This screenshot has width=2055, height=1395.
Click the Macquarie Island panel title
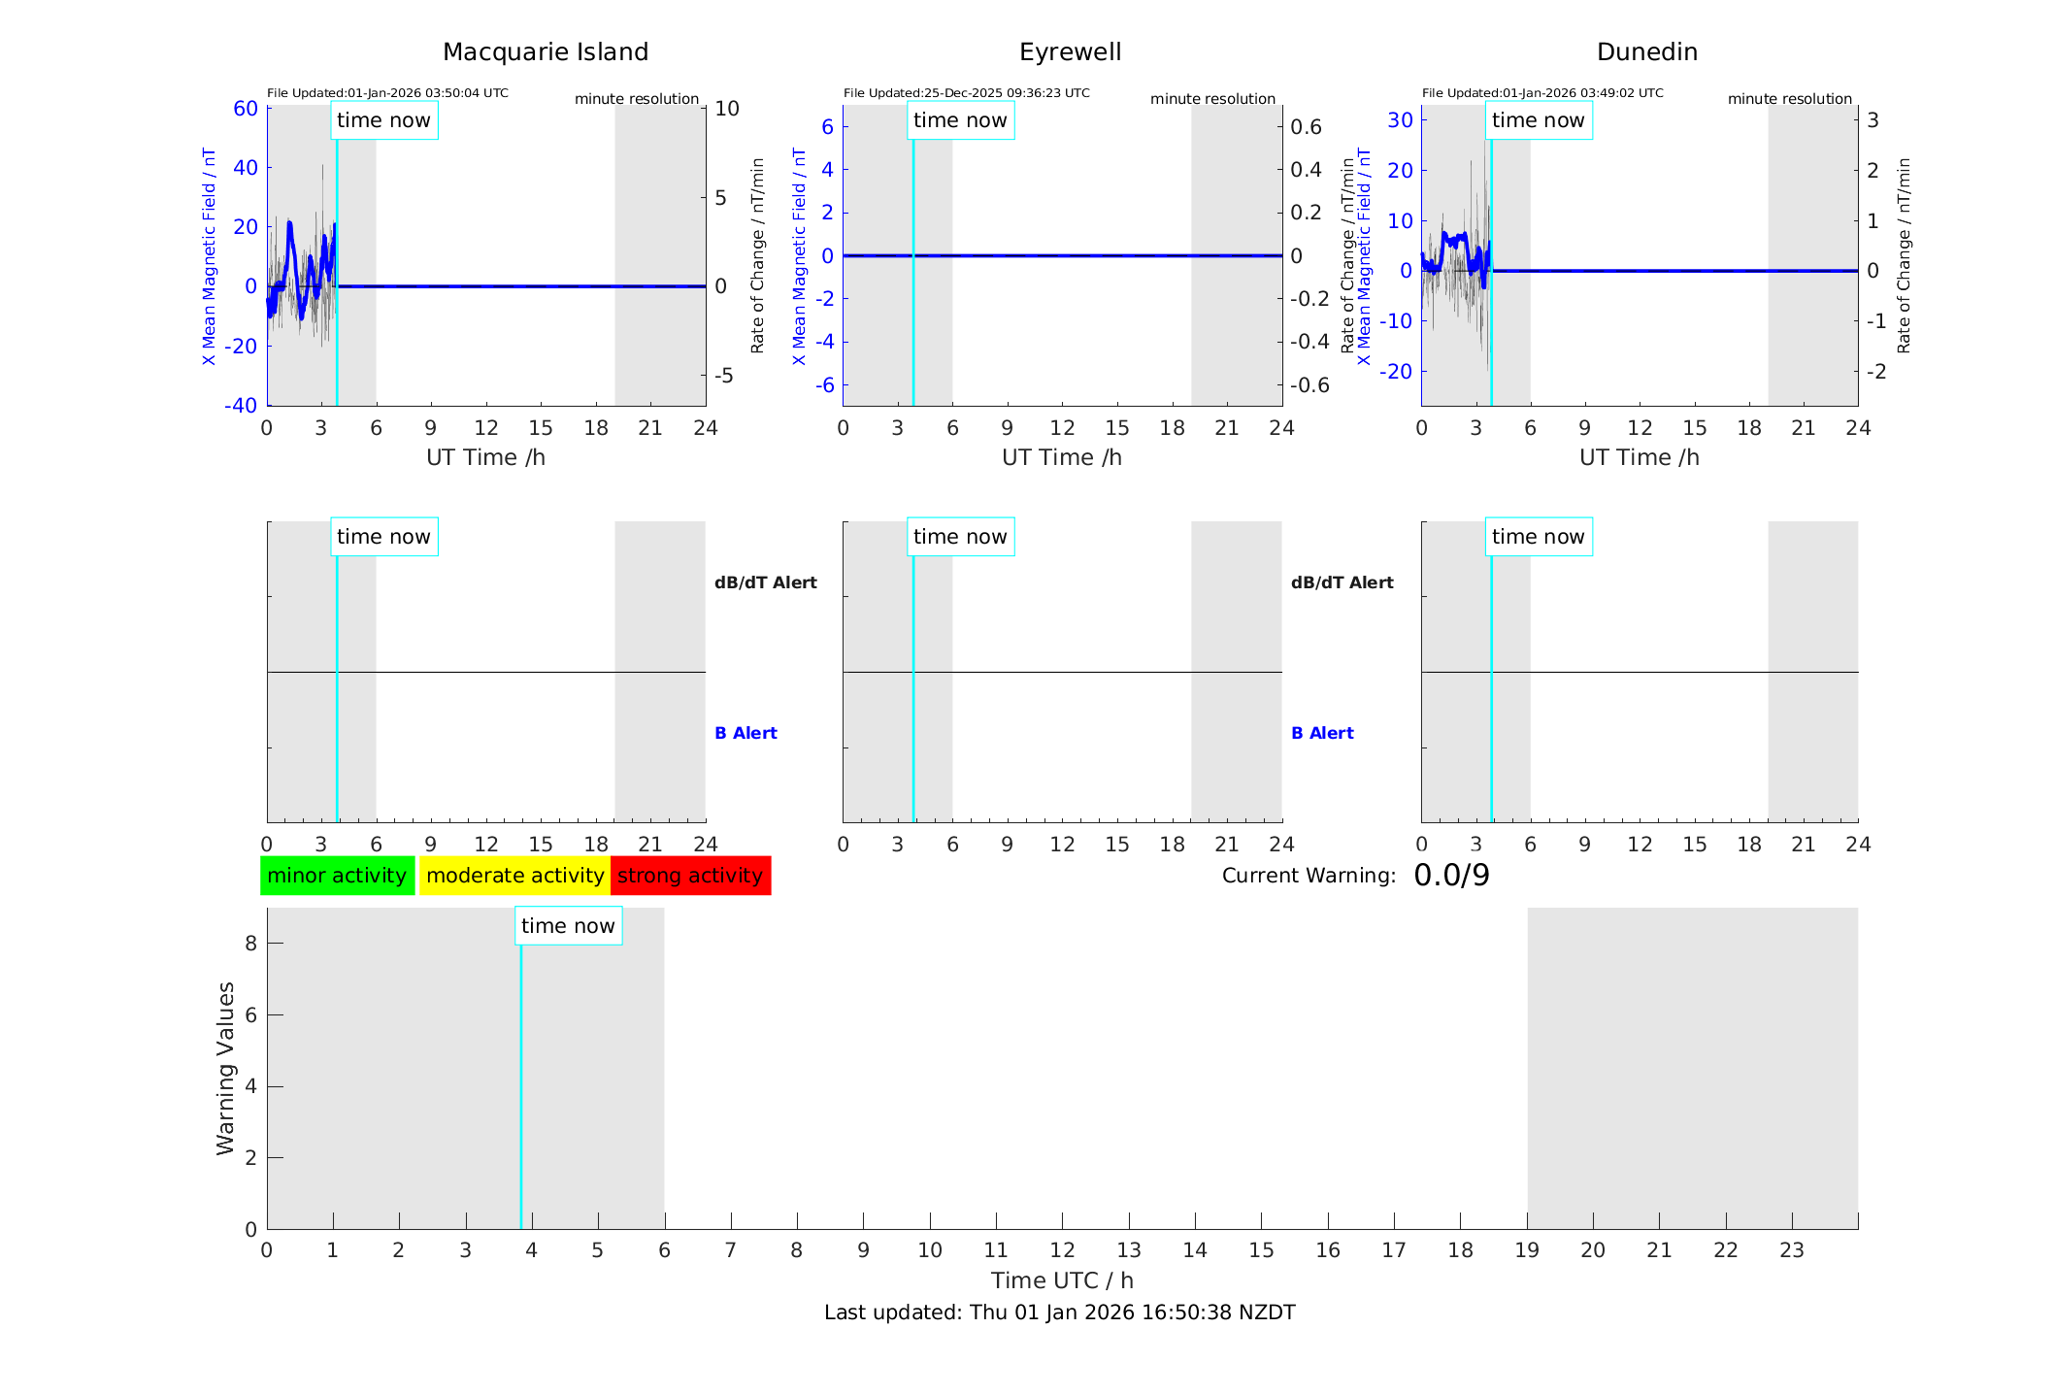tap(545, 52)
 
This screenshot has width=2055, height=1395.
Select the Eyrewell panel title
tap(1070, 52)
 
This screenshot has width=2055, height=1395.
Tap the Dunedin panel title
tap(1646, 52)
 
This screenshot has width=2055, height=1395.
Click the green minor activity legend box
tap(337, 876)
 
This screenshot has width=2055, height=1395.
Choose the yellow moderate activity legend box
tap(514, 876)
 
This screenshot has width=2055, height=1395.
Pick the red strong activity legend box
tap(690, 876)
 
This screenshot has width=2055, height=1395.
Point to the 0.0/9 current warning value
tap(1451, 876)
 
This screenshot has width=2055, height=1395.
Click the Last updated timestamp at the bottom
tap(1059, 1312)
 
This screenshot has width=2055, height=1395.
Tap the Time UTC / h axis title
tap(1062, 1280)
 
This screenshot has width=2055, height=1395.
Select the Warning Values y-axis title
tap(226, 1068)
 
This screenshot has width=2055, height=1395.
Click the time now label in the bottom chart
tap(568, 926)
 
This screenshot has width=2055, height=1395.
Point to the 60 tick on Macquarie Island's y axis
tap(246, 109)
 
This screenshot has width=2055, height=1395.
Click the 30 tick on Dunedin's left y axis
tap(1400, 119)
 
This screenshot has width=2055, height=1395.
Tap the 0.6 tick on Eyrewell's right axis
tap(1306, 127)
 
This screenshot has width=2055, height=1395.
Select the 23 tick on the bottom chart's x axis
tap(1791, 1250)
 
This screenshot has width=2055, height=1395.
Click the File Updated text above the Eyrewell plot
tap(966, 93)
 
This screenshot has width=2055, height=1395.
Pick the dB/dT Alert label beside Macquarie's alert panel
tap(765, 582)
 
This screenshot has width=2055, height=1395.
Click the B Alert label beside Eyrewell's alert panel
tap(1322, 733)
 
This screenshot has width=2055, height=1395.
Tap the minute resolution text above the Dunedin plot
tap(1789, 99)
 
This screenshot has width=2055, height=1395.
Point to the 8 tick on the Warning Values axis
tap(250, 944)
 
